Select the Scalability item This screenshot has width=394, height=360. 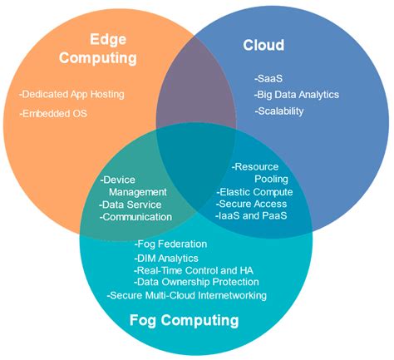[279, 111]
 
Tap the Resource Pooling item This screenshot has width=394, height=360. [260, 172]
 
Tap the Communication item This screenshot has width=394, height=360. [135, 217]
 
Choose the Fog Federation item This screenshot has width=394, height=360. [170, 244]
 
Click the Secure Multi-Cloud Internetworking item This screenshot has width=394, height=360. [187, 295]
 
